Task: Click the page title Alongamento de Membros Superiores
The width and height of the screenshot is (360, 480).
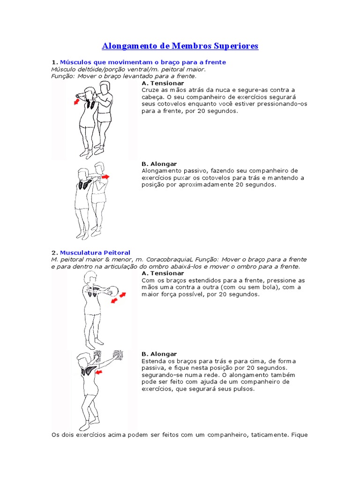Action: point(180,46)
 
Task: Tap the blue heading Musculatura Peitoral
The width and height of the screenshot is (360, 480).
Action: point(95,253)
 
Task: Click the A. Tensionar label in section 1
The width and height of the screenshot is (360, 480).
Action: point(163,83)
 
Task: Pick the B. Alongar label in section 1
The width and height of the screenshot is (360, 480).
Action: point(159,164)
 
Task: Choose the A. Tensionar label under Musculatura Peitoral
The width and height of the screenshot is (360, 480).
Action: point(163,273)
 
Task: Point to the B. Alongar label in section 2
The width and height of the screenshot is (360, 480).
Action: point(159,354)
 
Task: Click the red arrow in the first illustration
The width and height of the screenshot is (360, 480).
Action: point(77,101)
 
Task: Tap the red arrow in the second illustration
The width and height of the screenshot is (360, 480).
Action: point(105,177)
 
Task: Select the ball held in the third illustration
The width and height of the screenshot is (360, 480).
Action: point(114,291)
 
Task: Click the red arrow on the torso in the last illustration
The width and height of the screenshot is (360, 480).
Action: point(99,372)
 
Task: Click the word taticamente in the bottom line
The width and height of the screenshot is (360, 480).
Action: point(270,435)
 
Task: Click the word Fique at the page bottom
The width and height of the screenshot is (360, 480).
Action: point(300,435)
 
